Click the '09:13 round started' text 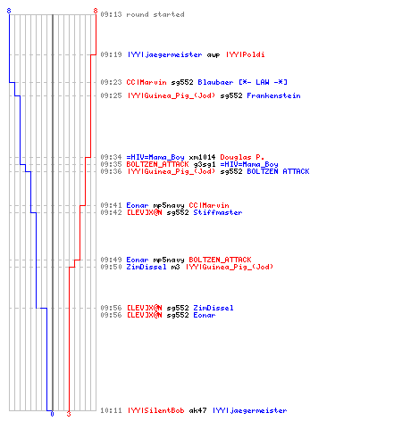[142, 14]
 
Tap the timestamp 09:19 [111, 54]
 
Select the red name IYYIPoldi [246, 54]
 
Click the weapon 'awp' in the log [214, 55]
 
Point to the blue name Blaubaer [215, 82]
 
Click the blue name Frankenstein [273, 95]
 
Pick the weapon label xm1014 [202, 157]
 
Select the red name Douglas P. [242, 157]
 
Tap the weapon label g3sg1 [205, 164]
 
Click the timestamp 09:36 [111, 171]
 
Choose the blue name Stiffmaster [218, 212]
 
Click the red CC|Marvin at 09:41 [209, 205]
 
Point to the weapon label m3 [175, 267]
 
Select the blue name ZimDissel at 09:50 [147, 267]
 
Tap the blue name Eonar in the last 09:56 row [205, 315]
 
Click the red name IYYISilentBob [156, 410]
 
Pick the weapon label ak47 [197, 410]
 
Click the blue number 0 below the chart [52, 414]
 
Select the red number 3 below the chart [69, 414]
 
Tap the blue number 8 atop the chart [9, 11]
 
